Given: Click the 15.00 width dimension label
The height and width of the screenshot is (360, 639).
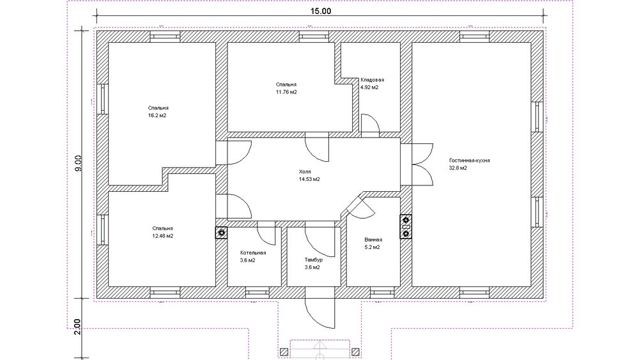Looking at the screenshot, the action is pos(321,11).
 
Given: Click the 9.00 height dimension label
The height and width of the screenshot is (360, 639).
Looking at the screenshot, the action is pos(78,163).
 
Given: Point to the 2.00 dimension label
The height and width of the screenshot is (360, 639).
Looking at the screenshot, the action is pos(78,327).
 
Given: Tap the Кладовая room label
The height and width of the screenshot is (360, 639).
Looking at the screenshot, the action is pos(372,80).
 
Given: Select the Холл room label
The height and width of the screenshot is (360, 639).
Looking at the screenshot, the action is pos(305,171).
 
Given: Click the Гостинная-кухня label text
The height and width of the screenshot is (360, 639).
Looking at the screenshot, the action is pos(470,160).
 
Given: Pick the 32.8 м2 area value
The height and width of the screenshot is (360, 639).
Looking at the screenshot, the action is pos(458,168).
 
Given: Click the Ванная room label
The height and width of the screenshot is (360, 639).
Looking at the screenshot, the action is pos(373,240).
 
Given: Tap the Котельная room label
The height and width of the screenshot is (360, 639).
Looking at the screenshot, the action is pos(253,253).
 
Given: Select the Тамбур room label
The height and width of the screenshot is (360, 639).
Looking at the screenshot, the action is pos(313,260).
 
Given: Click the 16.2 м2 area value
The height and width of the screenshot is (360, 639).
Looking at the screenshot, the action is pos(157,116).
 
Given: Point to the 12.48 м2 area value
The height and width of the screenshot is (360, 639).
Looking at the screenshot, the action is pos(162,236).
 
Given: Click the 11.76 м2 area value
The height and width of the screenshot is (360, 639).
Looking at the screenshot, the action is pos(286,92).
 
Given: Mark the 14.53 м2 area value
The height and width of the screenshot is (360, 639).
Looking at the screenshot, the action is pos(309,180).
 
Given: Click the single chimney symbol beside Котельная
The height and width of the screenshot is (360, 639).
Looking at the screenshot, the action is pos(222,233).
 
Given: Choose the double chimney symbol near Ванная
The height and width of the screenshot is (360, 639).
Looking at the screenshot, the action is pos(406,227).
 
